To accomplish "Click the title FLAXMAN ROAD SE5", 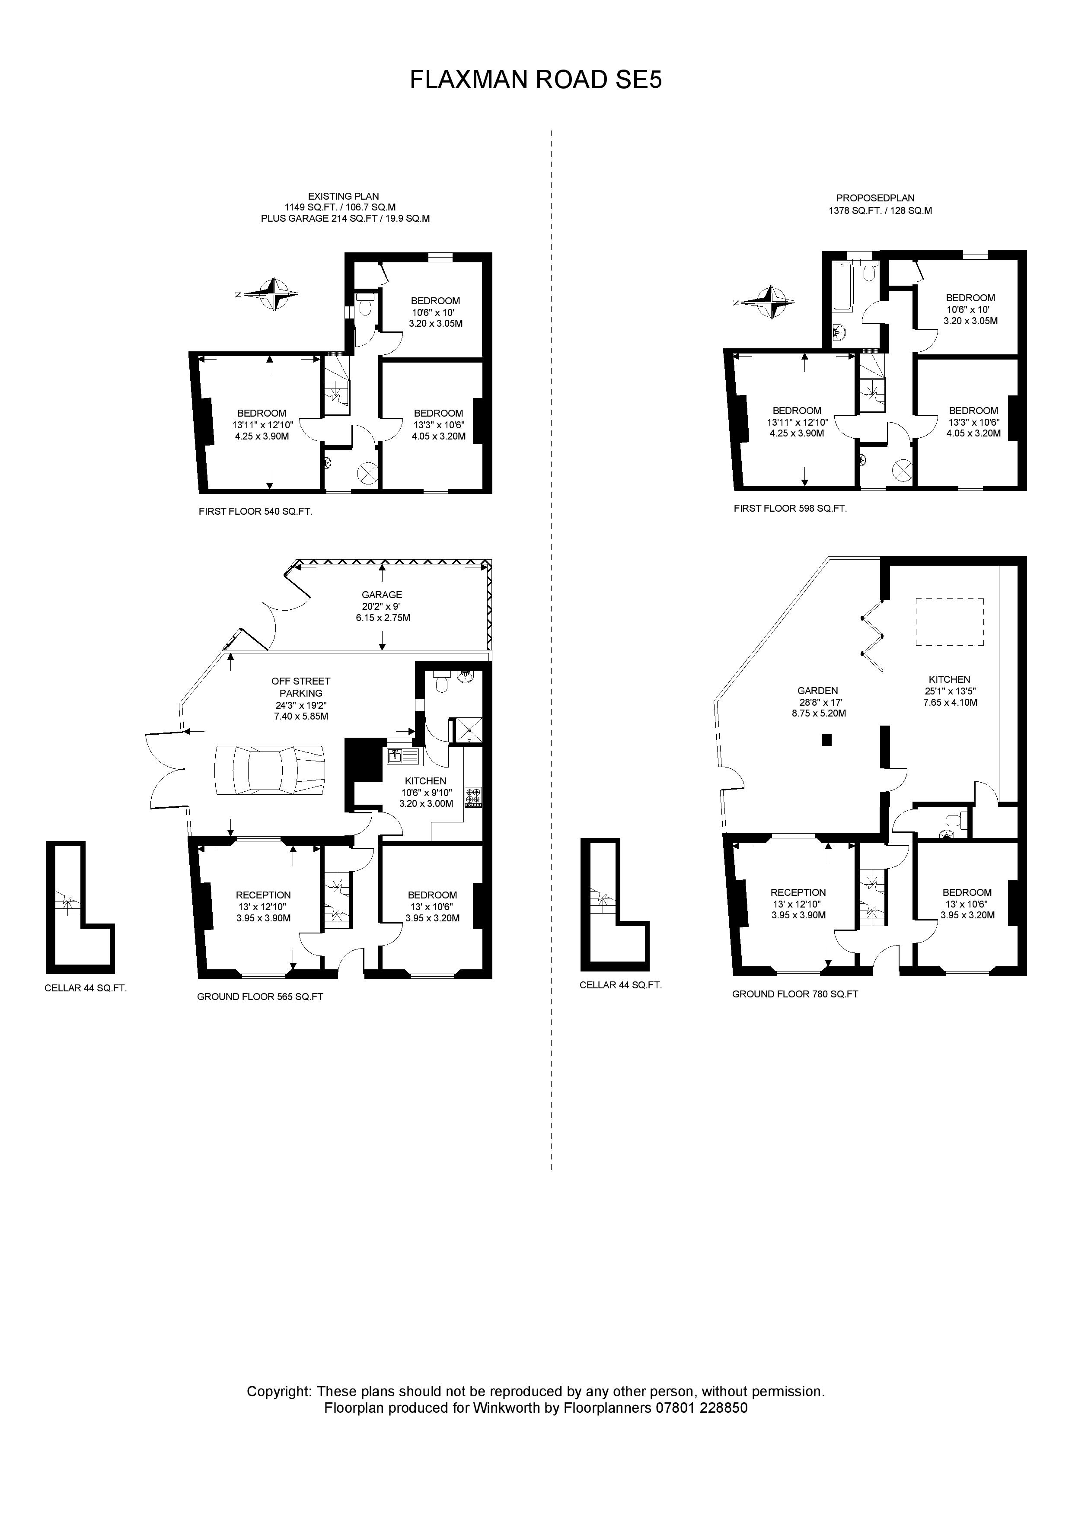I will click(536, 80).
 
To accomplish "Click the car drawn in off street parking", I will click(269, 771).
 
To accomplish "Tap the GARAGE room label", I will click(382, 594).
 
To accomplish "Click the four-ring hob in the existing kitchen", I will click(474, 796).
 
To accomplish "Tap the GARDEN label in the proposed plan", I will click(818, 691).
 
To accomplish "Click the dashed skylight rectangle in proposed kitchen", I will click(949, 621).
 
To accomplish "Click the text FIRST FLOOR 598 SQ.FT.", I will click(790, 508).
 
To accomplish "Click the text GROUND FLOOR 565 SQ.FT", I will click(260, 997).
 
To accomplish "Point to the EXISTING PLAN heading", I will click(344, 196).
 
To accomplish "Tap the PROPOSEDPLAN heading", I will click(875, 198).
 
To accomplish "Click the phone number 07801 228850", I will click(702, 1408).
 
